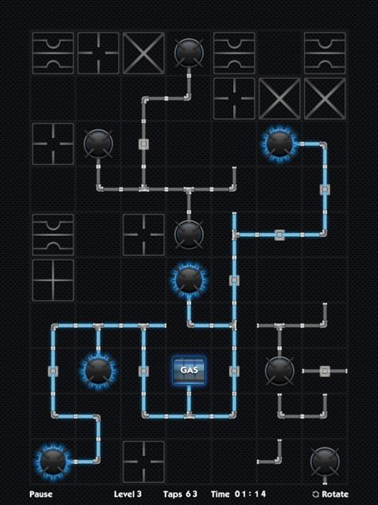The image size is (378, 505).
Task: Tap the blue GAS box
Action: coord(189,370)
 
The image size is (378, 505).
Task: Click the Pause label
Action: coord(41,494)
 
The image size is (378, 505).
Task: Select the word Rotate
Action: coord(335,494)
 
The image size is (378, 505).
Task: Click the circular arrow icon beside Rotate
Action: coord(316,495)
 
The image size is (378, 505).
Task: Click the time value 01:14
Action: coord(250,494)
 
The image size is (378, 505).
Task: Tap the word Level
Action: coord(124,494)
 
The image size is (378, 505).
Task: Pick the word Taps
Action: coord(172,494)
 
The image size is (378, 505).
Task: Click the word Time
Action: coord(220,494)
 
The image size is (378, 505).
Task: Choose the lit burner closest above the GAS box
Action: coord(189,279)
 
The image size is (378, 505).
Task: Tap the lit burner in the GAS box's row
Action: coord(98,370)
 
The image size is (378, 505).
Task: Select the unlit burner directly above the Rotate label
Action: coord(324,461)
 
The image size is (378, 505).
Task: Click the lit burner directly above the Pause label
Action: coord(53,461)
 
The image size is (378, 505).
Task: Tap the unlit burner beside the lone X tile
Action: coord(189,53)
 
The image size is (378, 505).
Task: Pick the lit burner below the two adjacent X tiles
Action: coord(279,144)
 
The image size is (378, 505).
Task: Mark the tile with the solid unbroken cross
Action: coord(53,280)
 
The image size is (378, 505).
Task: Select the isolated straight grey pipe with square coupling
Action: coord(324,371)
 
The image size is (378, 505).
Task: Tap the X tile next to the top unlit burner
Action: coord(143,53)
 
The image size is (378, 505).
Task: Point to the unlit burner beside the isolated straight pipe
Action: coord(279,370)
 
